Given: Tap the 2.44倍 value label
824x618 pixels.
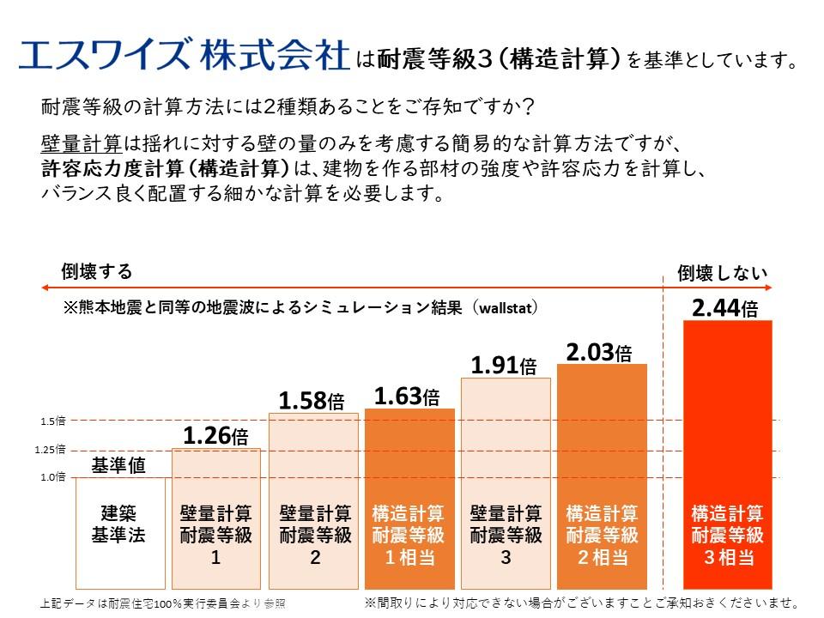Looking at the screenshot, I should click(724, 306).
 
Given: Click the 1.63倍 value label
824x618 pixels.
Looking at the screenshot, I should click(407, 396).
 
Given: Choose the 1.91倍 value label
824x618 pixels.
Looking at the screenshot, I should click(503, 365).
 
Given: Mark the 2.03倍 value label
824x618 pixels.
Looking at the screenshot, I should click(599, 351).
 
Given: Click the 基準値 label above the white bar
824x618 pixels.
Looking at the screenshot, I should click(118, 465).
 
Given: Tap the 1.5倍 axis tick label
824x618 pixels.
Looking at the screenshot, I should click(52, 421).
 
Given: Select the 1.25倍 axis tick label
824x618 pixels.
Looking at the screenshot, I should click(50, 450).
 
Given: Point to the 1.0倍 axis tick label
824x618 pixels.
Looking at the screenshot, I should click(52, 477).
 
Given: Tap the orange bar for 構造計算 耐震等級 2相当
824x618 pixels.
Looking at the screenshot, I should click(602, 476).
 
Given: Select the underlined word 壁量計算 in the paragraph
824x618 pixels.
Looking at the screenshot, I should click(81, 142).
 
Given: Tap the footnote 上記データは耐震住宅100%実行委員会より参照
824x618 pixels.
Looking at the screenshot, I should click(162, 603).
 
